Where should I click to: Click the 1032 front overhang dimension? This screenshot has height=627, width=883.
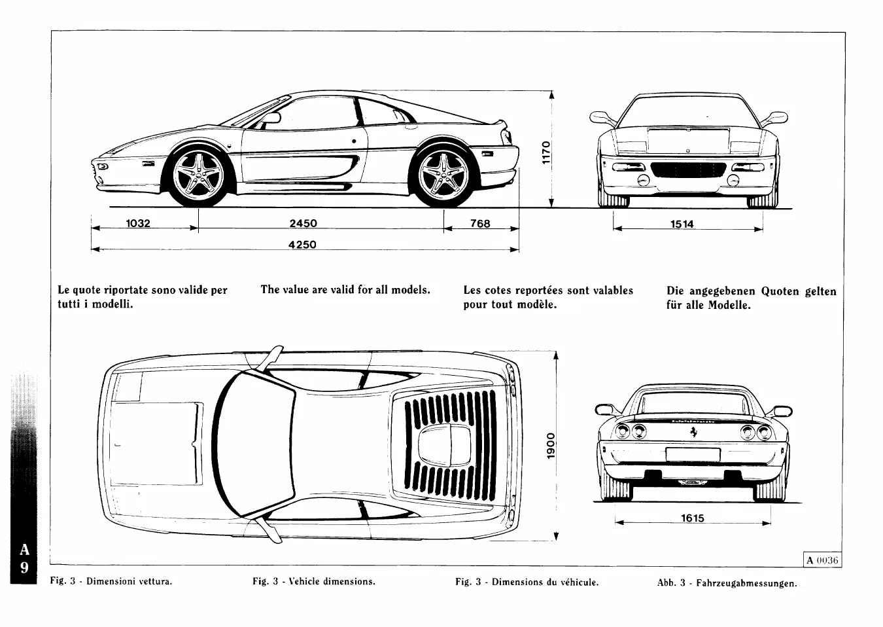point(138,223)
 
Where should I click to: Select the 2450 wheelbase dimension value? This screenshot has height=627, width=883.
point(303,223)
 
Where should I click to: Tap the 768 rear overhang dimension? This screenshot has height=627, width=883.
point(480,223)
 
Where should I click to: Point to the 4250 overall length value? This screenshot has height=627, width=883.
point(302,245)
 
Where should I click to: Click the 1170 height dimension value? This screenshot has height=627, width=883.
point(547,152)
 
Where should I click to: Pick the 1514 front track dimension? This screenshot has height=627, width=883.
point(682,224)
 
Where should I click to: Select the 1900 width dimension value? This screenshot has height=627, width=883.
point(551,445)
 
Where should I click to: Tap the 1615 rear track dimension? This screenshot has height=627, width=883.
point(692,518)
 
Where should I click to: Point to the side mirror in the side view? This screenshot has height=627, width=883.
point(271,118)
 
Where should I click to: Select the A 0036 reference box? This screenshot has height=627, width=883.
point(822,560)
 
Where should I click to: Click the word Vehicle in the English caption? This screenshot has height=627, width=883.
point(306,581)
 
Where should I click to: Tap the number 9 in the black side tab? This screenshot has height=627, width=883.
point(24,568)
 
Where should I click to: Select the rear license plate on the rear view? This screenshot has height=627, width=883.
point(693,455)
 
